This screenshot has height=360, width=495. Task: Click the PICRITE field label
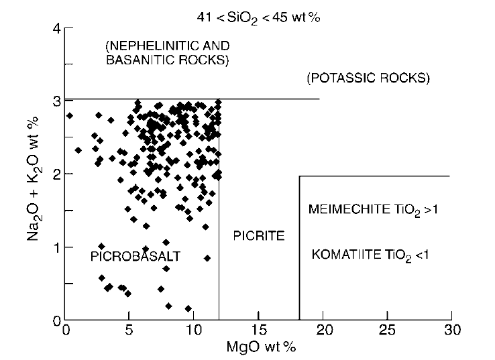[x=260, y=236]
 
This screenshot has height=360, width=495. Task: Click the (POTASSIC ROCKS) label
[x=368, y=78]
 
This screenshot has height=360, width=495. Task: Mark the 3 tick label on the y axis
[x=58, y=101]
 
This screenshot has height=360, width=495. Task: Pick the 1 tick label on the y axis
[x=58, y=247]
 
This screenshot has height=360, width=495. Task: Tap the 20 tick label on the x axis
[x=323, y=331]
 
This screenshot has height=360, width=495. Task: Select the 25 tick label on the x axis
[x=388, y=331]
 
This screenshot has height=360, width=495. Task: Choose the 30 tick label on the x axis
[x=451, y=331]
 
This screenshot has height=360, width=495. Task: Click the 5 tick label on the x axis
[x=129, y=331]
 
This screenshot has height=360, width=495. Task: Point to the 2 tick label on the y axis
[x=58, y=174]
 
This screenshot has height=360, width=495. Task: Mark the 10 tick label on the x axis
[x=194, y=331]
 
